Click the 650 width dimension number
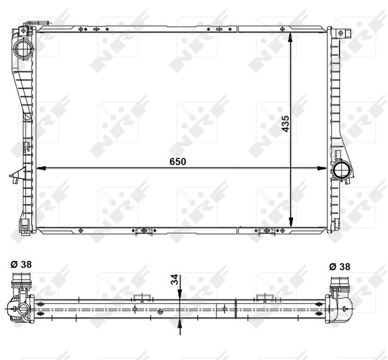coord(177,161)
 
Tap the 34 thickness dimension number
coord(174,279)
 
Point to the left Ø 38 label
coord(22,265)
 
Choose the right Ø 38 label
coord(341,266)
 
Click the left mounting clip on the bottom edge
coord(143,230)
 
